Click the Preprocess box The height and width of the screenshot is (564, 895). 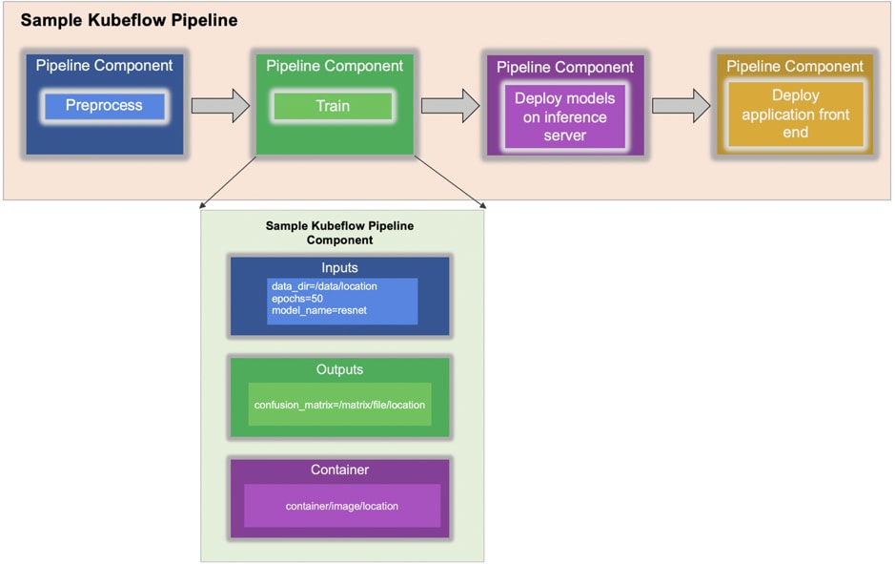coord(104,106)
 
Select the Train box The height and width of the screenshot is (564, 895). coord(333,106)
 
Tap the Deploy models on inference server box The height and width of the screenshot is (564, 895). coord(564,116)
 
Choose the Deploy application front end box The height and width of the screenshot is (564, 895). coord(795,114)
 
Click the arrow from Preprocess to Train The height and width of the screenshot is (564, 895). coord(220,105)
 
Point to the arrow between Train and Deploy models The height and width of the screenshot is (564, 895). coord(450,105)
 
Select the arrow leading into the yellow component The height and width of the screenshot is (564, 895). coord(681,105)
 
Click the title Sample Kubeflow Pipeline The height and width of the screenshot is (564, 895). coord(129,20)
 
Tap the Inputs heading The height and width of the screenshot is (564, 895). coord(339,267)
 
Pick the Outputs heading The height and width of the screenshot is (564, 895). coord(339,369)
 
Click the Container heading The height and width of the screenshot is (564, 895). coord(339,470)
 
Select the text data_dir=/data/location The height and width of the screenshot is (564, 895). coord(324,286)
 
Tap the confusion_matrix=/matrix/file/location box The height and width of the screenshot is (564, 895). coord(339,405)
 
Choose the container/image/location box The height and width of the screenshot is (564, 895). coord(341,506)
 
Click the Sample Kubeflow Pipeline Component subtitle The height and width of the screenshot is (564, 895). coord(339,233)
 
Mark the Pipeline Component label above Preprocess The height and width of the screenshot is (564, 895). coord(104,66)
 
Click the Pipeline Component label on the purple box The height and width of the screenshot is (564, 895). coord(564,68)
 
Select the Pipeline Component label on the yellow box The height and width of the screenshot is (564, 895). coord(795,67)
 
